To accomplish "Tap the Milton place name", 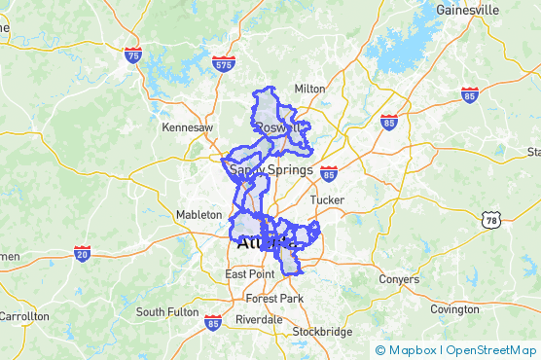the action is coord(309,89).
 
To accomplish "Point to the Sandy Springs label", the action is coord(271,170).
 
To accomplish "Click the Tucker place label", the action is coord(327,200).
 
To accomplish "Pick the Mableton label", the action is coord(199,214).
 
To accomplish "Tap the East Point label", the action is coord(249,274).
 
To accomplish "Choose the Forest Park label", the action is coord(274,298).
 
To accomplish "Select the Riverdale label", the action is coord(259,319).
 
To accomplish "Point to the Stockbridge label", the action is coord(322,332).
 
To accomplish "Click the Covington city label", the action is coord(454,309).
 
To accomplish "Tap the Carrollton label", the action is coord(23,317).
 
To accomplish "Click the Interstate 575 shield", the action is coord(223,65).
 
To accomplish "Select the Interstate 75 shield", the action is coord(132,54).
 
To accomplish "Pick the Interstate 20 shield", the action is coord(83,253).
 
